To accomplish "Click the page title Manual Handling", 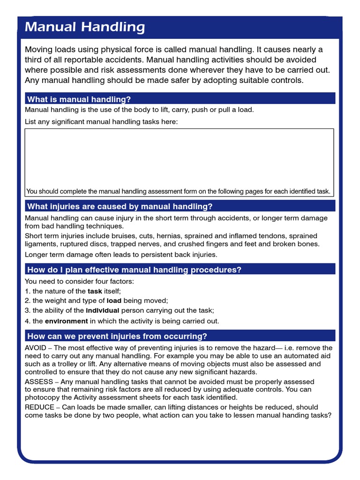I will [x=85, y=27].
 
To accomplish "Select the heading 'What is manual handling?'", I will [x=79, y=99].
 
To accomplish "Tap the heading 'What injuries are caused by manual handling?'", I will [x=120, y=206].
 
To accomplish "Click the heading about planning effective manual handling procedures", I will [x=135, y=270].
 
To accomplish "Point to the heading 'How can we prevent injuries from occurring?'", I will [x=117, y=336].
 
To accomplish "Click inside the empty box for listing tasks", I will [x=179, y=157].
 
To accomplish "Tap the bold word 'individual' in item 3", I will [x=103, y=310].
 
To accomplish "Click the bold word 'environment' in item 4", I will [x=66, y=321].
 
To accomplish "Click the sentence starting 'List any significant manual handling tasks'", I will [x=101, y=122].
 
